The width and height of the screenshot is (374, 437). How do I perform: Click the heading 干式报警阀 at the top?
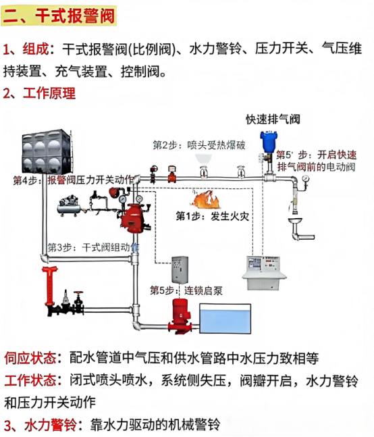tap(75, 16)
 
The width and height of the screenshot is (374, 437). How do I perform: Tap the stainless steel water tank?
tap(47, 151)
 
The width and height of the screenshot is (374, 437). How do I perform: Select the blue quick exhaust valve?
tap(267, 142)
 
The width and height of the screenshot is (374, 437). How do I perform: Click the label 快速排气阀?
tap(273, 120)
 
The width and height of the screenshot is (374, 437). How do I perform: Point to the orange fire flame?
tap(205, 199)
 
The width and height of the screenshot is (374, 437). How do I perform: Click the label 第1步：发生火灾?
tap(212, 216)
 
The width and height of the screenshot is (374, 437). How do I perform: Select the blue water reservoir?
tap(225, 319)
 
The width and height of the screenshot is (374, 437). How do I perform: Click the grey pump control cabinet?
tap(180, 269)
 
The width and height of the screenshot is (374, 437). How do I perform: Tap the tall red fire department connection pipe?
tap(50, 286)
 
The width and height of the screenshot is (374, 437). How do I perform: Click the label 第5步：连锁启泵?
tap(186, 290)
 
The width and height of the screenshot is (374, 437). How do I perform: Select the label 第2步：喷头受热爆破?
tap(199, 145)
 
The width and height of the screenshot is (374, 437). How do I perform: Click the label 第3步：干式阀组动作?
tap(93, 247)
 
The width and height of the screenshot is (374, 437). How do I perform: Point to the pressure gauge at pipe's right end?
tap(306, 178)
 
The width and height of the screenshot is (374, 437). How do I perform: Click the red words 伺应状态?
tap(30, 358)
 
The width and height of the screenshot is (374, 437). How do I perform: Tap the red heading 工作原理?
tap(49, 93)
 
